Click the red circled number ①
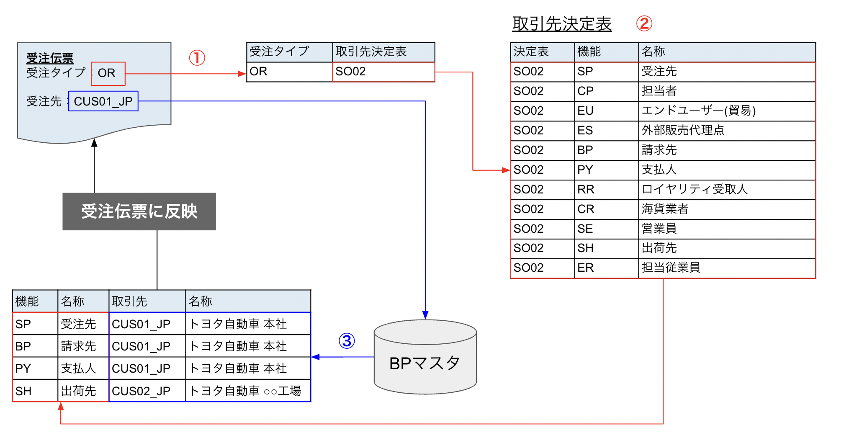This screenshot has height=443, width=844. [x=197, y=58]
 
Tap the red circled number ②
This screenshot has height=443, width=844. [x=644, y=23]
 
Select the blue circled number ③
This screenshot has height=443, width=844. [x=347, y=341]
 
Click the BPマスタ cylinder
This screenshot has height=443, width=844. [x=425, y=362]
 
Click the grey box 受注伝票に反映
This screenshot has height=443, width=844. [x=139, y=211]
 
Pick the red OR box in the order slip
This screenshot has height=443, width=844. [x=108, y=73]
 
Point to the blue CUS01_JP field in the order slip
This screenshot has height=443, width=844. [x=103, y=101]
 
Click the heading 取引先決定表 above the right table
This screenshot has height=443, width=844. [x=562, y=24]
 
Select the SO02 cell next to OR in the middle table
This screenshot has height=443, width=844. [x=383, y=72]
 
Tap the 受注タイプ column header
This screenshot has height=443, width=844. [x=289, y=52]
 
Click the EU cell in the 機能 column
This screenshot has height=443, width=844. [x=605, y=111]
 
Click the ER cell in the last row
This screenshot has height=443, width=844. [x=605, y=268]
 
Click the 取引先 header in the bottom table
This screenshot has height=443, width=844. [x=147, y=301]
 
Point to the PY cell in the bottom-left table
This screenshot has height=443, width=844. [x=34, y=368]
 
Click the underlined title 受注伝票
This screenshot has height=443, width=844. [x=50, y=58]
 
